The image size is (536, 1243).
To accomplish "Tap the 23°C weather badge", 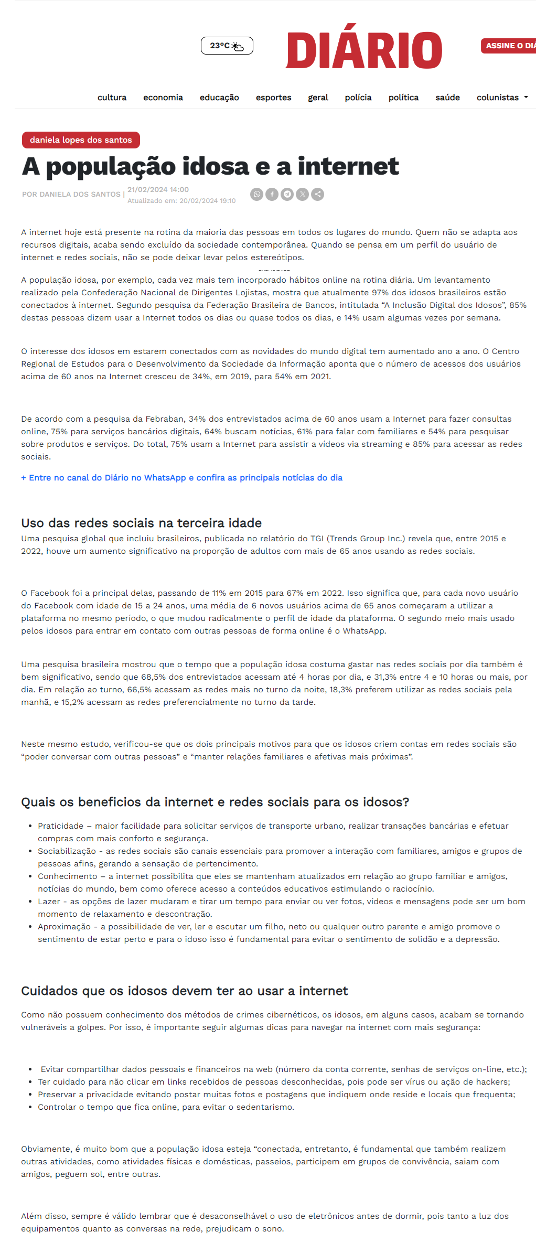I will [x=227, y=46].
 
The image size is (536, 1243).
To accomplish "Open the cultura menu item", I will [x=112, y=98].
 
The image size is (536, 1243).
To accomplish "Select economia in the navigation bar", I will [x=163, y=98].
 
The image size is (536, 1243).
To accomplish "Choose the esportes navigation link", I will [x=273, y=98].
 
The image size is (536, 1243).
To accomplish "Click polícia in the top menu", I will [x=358, y=98].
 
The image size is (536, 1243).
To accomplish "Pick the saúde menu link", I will [x=447, y=98].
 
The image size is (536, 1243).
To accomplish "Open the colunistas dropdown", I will [x=501, y=98].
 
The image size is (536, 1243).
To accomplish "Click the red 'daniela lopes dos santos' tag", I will [x=81, y=140].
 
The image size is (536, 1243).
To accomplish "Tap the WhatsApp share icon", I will [x=256, y=195].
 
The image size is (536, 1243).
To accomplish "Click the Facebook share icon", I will [x=272, y=195].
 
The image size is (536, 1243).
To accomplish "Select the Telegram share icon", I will [x=287, y=195].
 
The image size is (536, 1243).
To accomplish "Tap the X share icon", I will [x=302, y=195].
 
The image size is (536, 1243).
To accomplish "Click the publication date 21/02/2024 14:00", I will [x=158, y=190].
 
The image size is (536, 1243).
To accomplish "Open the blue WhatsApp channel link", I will [x=181, y=478].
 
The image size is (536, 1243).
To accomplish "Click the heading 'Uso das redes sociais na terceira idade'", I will [x=141, y=523].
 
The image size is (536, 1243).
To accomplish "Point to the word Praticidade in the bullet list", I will [x=60, y=826].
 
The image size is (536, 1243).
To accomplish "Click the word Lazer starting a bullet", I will [x=49, y=902].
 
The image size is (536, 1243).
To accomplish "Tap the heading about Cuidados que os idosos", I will [x=184, y=991].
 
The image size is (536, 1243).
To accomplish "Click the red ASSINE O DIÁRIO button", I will [x=509, y=46].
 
